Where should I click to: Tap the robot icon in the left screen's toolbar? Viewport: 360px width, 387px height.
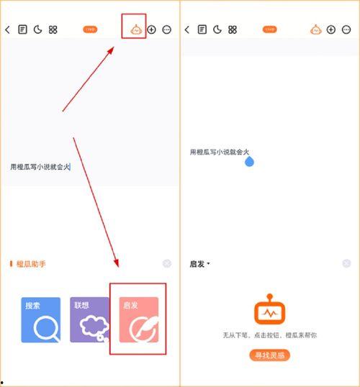click(x=135, y=30)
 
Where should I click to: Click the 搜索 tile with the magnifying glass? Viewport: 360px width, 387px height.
click(x=41, y=319)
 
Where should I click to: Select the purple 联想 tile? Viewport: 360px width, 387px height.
click(x=89, y=319)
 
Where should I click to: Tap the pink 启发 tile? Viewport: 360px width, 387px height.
click(x=138, y=319)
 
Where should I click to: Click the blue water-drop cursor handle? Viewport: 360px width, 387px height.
click(x=250, y=162)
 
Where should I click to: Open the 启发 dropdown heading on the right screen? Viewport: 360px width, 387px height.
click(x=199, y=264)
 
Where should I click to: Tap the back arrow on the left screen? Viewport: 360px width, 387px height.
click(x=8, y=30)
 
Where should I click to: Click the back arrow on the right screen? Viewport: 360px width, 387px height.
click(x=187, y=30)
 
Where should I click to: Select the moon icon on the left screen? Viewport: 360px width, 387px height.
click(x=37, y=30)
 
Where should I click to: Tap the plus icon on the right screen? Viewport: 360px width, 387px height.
click(x=330, y=30)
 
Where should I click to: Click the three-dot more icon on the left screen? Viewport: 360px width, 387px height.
click(x=167, y=30)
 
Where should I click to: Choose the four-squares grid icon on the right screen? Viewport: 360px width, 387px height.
click(x=232, y=30)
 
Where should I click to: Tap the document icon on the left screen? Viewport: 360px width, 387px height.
click(x=23, y=30)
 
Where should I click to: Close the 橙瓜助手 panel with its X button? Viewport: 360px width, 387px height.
click(x=167, y=264)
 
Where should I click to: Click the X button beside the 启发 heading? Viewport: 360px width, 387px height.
click(x=347, y=264)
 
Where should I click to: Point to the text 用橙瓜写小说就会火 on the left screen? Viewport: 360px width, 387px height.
click(x=40, y=167)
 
